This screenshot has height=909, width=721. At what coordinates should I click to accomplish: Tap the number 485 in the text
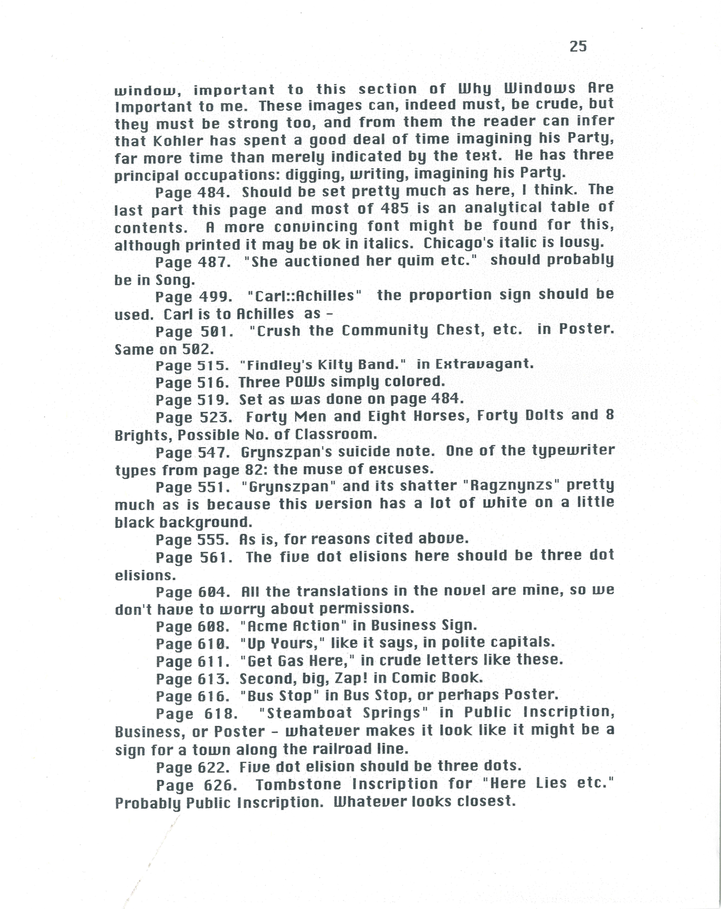(394, 208)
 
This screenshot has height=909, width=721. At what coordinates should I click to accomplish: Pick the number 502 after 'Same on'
(198, 349)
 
